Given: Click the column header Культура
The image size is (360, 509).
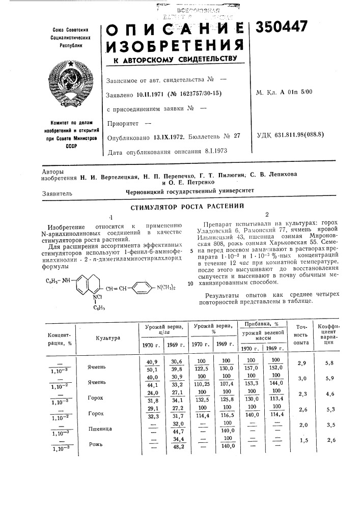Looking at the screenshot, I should (x=108, y=338).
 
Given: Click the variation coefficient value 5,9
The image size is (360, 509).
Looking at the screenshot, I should (x=329, y=378).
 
